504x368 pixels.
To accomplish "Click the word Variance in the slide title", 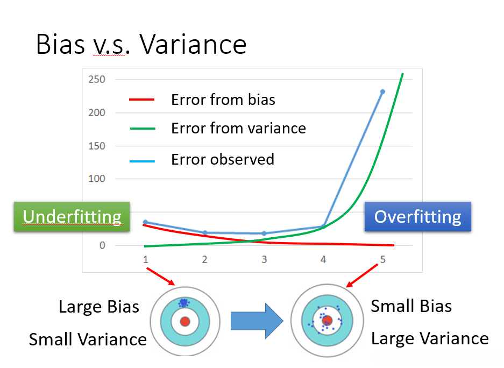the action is pos(193,44).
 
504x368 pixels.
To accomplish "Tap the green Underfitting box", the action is pos(72,217).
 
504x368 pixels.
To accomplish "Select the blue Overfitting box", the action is pos(418,217).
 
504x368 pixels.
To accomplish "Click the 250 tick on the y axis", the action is pos(97,79).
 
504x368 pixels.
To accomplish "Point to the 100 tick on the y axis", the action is pos(97,179).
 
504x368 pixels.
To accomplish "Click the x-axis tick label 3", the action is pos(264,259).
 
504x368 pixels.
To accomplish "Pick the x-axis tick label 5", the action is pos(382,259).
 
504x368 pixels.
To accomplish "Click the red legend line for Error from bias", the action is pos(142,100).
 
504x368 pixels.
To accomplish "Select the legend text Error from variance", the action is pos(238,128).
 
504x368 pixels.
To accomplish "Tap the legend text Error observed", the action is pos(223,159).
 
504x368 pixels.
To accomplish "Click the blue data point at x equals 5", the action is pos(382,91).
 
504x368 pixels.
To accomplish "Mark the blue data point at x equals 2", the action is pos(205,233).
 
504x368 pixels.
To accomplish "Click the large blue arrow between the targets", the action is pos(257,321).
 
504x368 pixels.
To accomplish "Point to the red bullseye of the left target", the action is pos(185,321).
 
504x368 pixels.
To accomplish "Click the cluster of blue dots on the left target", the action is pos(184,302).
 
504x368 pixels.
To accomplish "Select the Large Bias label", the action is pos(99,307).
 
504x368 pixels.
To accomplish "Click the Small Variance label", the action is pos(88,339).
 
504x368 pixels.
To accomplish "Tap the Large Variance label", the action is pos(430,338).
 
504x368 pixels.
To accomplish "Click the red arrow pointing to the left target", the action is pos(161,277).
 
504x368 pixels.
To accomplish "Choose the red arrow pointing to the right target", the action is pos(362,275).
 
